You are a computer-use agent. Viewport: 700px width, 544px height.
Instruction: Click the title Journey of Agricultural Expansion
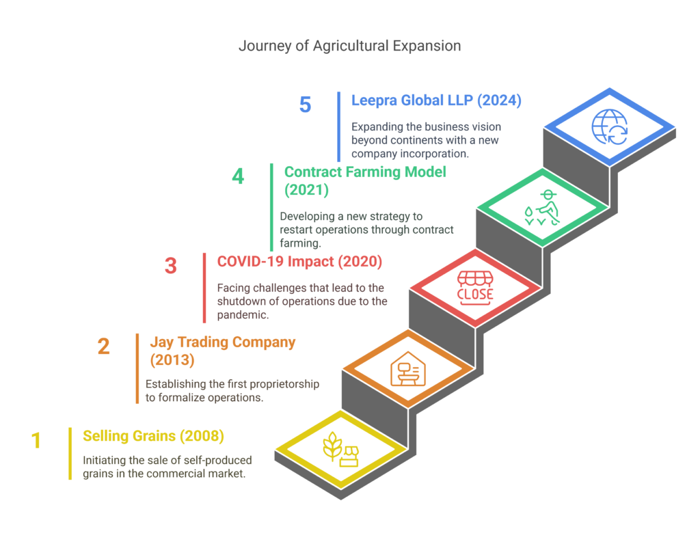coord(349,46)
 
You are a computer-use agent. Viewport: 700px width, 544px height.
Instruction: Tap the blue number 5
coord(305,105)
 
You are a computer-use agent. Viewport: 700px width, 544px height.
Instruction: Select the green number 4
coord(238,176)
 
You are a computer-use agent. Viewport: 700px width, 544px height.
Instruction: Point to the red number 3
coord(170,266)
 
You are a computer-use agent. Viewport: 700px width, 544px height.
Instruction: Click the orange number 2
coord(104,346)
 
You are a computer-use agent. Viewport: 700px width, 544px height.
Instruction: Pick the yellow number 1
coord(36,441)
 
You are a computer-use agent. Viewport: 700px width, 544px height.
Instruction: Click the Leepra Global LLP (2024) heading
coord(436,100)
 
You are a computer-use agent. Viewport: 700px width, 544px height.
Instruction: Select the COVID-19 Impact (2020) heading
coord(299,262)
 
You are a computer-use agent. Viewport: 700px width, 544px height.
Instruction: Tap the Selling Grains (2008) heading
coord(153,436)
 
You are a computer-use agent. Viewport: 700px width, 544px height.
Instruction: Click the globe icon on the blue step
coord(609,127)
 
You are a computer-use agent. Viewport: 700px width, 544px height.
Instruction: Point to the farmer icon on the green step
coord(542,208)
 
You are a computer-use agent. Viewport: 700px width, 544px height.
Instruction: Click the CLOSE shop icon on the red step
coord(475,288)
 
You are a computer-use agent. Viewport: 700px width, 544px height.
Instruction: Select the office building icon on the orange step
coord(408,369)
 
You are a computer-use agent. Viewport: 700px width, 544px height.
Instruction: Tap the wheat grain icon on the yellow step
coord(340,450)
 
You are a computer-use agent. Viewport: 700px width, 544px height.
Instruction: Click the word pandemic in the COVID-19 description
coord(243,315)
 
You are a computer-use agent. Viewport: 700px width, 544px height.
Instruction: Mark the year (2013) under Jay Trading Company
coord(172,360)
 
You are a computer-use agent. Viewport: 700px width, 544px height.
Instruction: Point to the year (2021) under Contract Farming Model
coord(307,190)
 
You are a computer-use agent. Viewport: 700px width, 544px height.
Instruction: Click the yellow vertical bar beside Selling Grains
coord(70,454)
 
